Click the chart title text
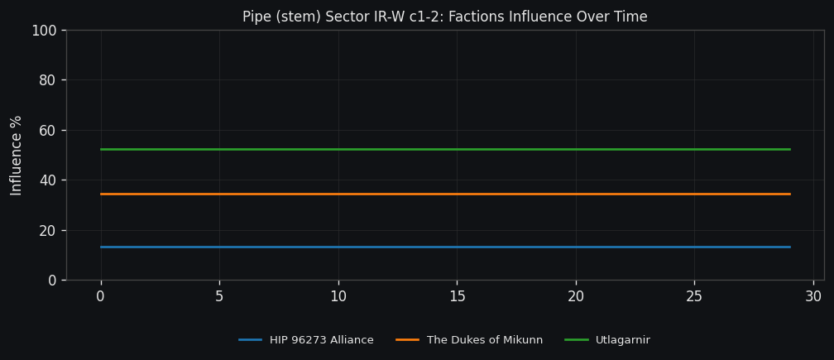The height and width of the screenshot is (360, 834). [x=445, y=17]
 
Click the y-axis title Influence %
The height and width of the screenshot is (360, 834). [x=17, y=155]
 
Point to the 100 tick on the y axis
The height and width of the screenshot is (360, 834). [x=43, y=31]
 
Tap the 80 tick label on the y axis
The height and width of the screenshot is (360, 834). [x=47, y=80]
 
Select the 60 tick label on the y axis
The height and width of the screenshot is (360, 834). [x=47, y=130]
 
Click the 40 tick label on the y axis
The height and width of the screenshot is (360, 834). [x=47, y=180]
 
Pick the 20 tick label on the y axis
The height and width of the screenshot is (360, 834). [x=47, y=230]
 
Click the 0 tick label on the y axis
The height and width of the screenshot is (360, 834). [x=51, y=281]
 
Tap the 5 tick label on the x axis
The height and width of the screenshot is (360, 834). [x=219, y=296]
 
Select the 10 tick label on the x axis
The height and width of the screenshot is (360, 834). [x=338, y=296]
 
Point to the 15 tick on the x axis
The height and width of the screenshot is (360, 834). [x=457, y=296]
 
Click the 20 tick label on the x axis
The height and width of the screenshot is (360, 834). [x=576, y=296]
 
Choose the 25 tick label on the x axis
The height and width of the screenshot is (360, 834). [x=694, y=296]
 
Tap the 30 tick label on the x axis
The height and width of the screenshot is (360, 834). [x=813, y=296]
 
